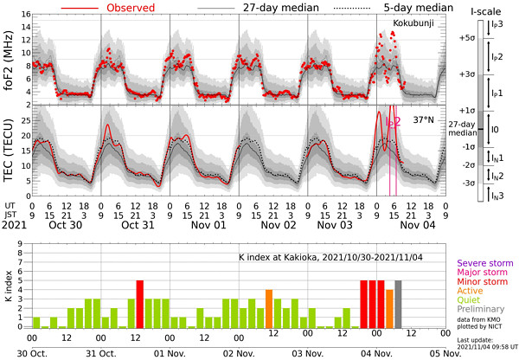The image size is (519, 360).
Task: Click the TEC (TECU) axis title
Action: pos(9,152)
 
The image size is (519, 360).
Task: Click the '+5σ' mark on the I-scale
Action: pos(468,38)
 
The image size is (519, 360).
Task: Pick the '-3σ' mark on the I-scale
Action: pos(468,183)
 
